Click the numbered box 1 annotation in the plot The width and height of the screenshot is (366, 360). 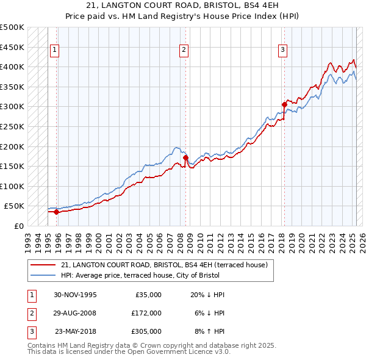55,51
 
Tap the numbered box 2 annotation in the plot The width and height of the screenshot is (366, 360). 184,51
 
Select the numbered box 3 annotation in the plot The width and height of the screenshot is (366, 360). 283,51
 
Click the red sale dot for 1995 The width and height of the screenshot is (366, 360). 57,212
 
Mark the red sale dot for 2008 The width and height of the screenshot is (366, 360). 185,157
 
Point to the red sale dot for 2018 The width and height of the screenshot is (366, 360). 284,104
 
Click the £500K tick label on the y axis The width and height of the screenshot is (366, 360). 12,27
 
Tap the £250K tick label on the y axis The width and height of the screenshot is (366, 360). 12,127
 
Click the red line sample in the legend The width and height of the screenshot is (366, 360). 43,265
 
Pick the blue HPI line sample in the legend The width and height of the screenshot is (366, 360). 43,276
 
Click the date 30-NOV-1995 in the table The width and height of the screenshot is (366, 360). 75,295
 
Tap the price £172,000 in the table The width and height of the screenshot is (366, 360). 146,313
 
